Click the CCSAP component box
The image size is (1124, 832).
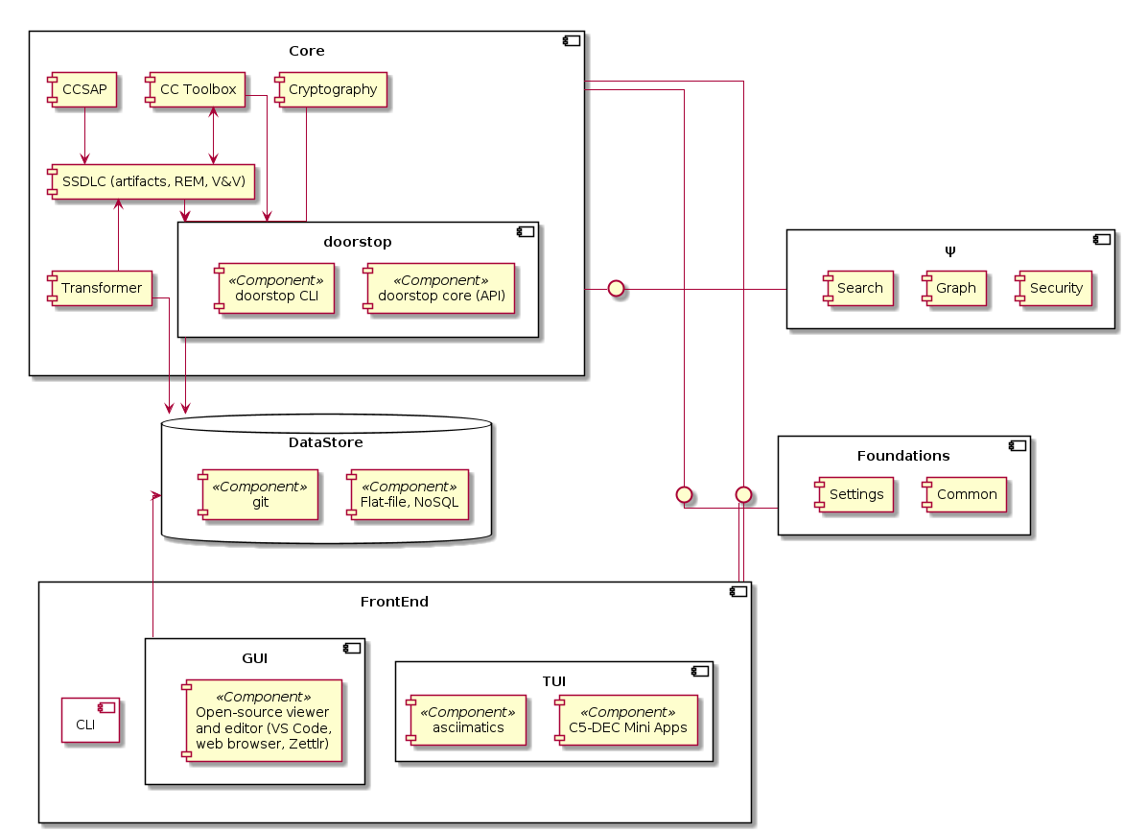84,90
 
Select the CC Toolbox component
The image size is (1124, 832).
197,90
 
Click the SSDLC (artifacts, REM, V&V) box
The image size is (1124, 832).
152,181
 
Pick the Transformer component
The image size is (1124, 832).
101,289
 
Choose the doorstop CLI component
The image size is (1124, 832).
276,289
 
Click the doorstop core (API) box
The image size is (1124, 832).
438,289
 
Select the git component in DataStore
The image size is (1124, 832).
259,494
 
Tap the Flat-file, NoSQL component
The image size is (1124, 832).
409,494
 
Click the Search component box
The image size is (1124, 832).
858,288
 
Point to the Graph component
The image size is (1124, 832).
955,288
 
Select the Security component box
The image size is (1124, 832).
1055,288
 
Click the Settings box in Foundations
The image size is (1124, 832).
855,494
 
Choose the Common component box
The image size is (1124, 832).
966,494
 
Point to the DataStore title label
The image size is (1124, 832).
326,442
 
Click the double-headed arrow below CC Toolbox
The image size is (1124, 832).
213,135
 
